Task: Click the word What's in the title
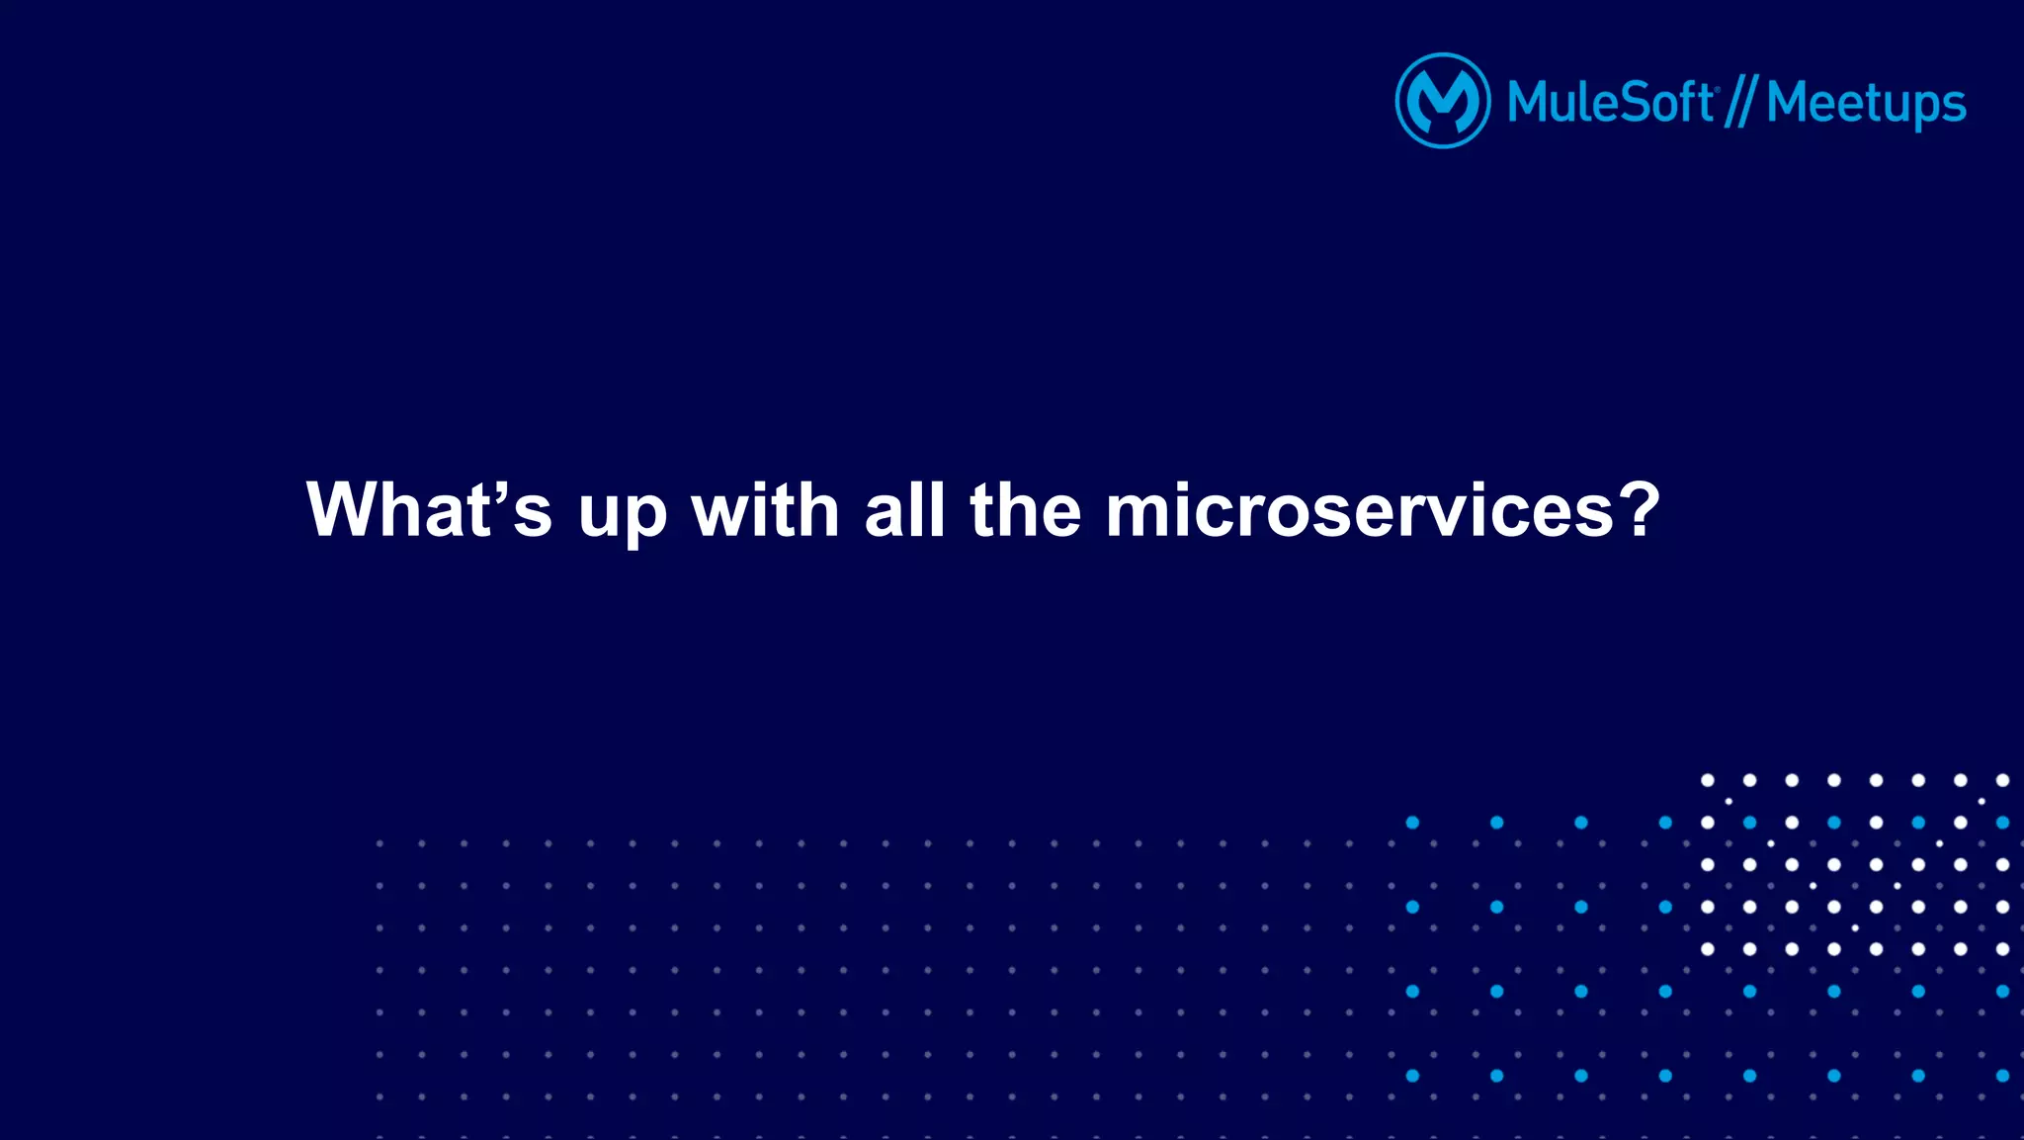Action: click(429, 510)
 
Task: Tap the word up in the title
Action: click(623, 514)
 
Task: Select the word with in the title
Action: click(766, 510)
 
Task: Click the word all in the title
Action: click(904, 510)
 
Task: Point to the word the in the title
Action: click(1026, 510)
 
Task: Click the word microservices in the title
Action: click(1359, 510)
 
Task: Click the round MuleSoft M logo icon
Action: click(1442, 101)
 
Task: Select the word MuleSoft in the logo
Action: click(1610, 102)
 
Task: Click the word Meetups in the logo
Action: click(1866, 104)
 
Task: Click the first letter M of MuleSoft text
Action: click(1530, 102)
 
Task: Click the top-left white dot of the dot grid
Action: click(1707, 780)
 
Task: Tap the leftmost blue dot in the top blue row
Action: click(1412, 823)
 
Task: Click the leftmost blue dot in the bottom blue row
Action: click(1412, 1076)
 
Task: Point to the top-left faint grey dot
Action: click(379, 843)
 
